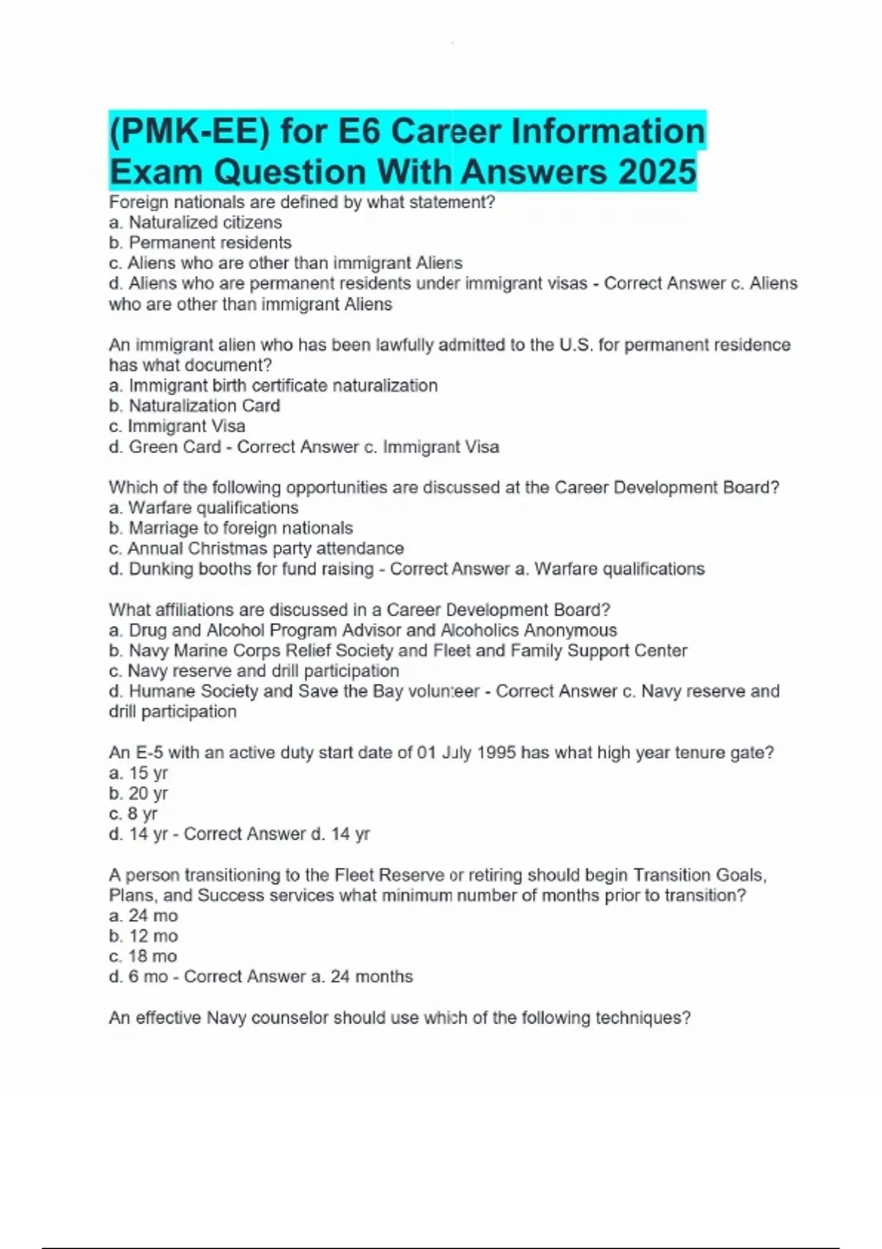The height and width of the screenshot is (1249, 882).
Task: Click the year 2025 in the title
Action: point(657,172)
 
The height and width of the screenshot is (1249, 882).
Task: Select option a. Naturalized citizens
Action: point(195,223)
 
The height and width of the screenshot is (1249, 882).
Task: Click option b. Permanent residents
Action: point(200,242)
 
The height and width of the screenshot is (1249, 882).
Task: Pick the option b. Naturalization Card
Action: point(194,406)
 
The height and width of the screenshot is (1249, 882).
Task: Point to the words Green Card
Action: point(175,447)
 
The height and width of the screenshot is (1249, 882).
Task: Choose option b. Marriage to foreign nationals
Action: point(231,528)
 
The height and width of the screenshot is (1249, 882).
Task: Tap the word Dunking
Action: point(159,569)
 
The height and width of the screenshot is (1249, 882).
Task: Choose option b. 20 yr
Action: point(138,793)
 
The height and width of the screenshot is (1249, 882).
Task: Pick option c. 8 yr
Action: point(133,814)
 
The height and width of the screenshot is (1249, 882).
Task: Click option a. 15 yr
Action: point(138,773)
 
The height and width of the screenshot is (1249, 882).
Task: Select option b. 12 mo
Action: point(143,936)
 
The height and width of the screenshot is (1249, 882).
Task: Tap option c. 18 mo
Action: point(143,957)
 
